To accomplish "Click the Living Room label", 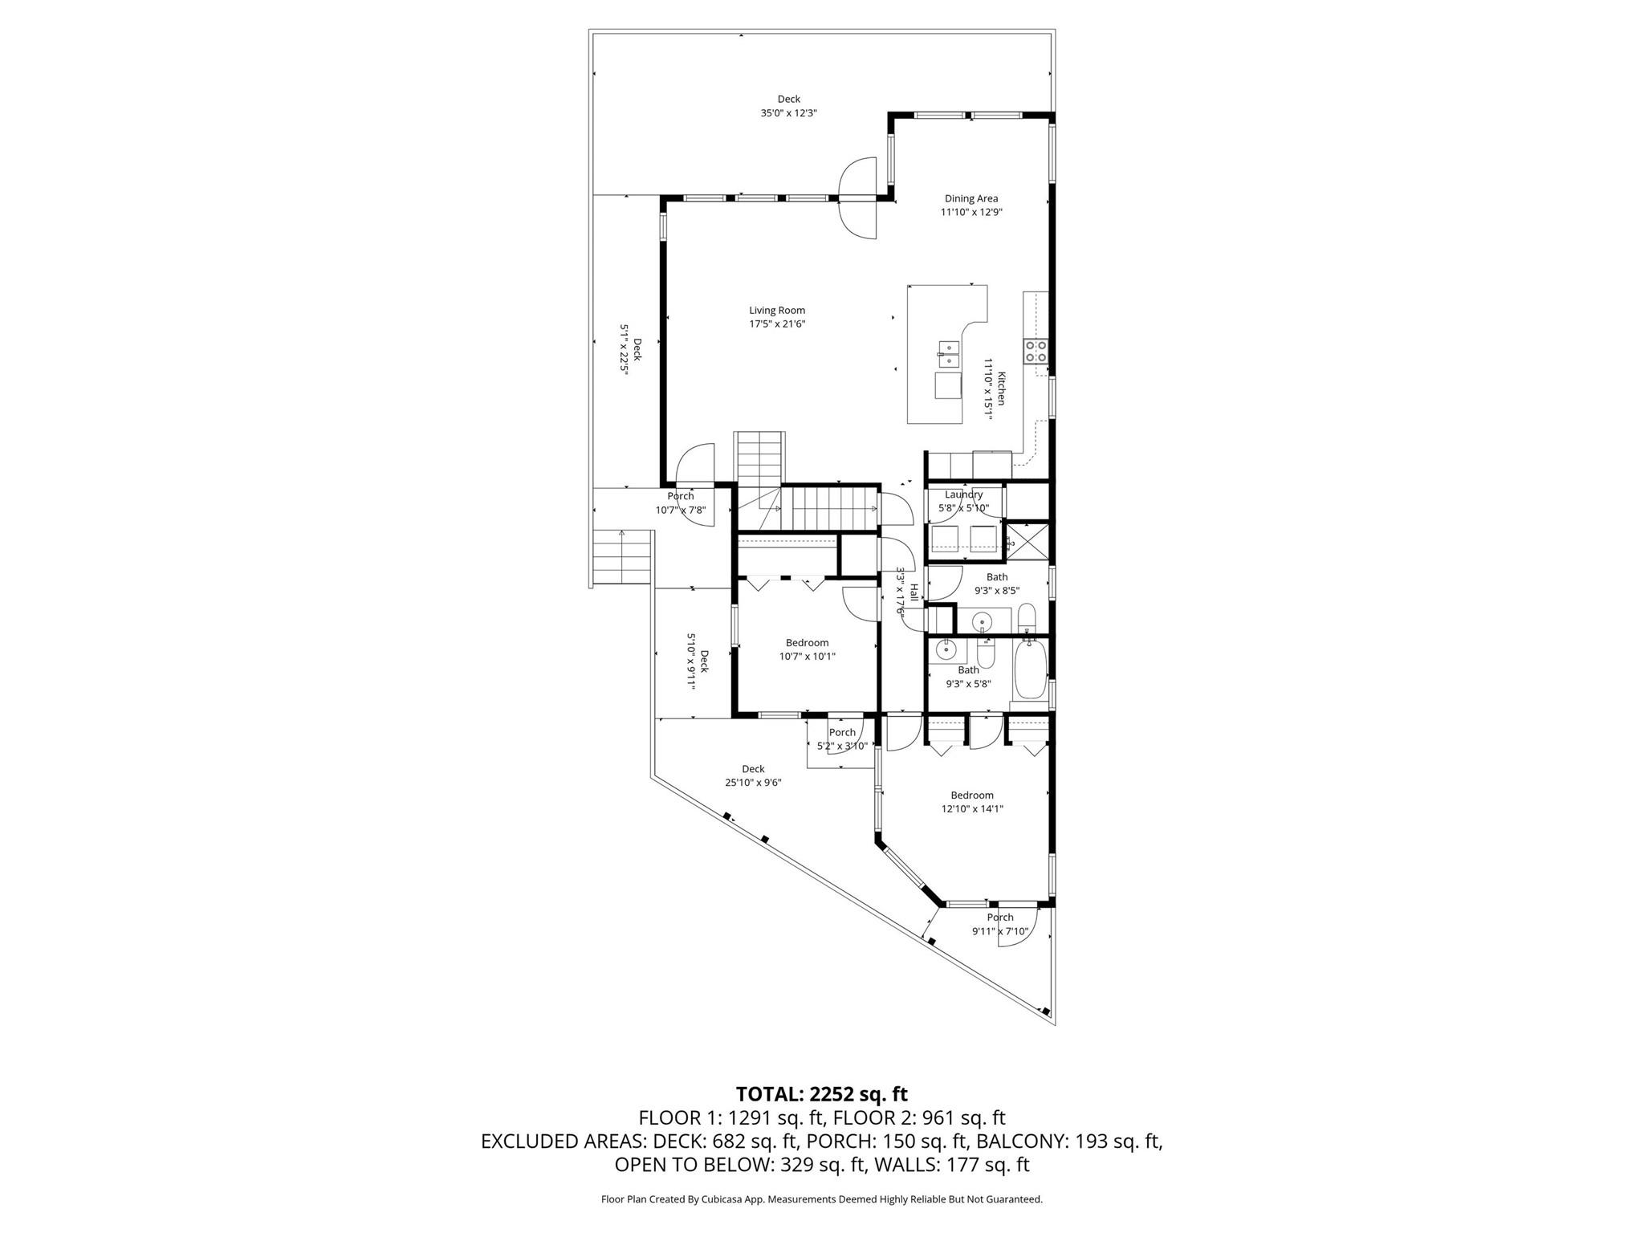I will tap(777, 311).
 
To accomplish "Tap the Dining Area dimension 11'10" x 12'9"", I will tap(971, 213).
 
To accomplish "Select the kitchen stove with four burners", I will tap(1035, 351).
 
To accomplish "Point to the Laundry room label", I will tap(963, 494).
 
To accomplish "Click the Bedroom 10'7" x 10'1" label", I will tap(807, 642).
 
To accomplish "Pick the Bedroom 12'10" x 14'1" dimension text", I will tap(972, 809).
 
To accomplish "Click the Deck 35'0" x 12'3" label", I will tap(788, 100).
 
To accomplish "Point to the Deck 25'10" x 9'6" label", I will tap(753, 769).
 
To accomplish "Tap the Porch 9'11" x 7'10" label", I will tap(1000, 918).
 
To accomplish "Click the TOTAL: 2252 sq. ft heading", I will tap(821, 1094).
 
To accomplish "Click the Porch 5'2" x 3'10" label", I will tap(842, 732).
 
